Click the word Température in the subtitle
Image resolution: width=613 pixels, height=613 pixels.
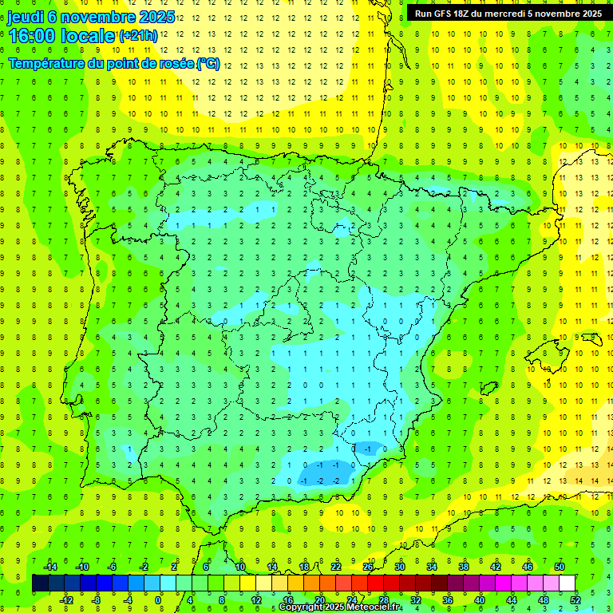coord(53,63)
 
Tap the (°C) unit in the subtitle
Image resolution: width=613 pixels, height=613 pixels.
coord(208,63)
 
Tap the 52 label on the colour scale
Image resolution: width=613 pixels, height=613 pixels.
coord(575,599)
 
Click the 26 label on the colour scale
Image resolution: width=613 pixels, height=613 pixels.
coord(368,567)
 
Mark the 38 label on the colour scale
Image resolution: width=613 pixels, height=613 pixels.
coord(464,567)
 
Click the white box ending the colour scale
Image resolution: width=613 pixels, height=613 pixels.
coord(567,583)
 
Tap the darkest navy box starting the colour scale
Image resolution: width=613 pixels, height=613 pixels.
coord(40,583)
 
